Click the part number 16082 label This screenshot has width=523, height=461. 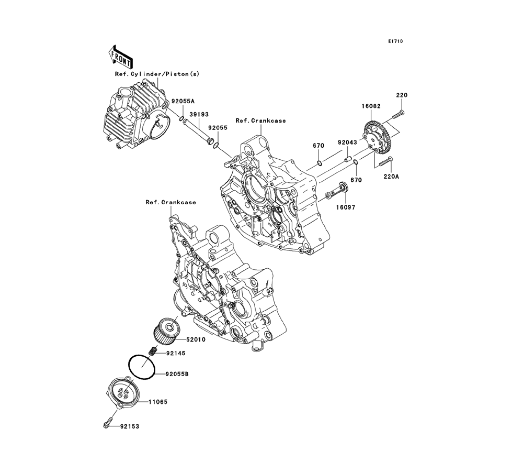pyautogui.click(x=372, y=106)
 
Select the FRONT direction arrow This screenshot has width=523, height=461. pyautogui.click(x=120, y=56)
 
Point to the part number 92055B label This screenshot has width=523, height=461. pyautogui.click(x=177, y=375)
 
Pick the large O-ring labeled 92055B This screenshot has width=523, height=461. pyautogui.click(x=142, y=367)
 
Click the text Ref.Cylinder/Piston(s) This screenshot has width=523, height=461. pyautogui.click(x=157, y=74)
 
